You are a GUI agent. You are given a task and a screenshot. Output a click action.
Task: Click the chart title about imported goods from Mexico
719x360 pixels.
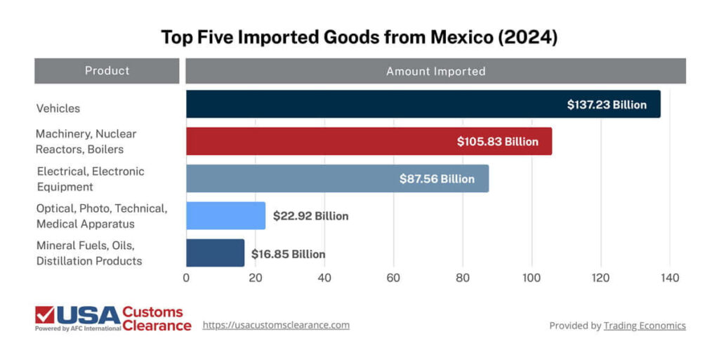click(x=359, y=37)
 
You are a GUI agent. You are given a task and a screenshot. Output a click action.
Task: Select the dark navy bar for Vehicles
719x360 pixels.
click(x=372, y=105)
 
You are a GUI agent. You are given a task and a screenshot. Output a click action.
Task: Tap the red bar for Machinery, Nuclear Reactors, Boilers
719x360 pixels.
click(x=316, y=142)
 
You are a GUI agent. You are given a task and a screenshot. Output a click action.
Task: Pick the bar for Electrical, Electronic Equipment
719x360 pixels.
click(x=288, y=179)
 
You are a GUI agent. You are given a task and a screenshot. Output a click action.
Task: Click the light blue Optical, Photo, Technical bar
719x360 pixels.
click(x=225, y=216)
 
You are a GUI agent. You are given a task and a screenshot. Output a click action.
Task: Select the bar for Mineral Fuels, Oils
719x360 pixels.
click(x=215, y=253)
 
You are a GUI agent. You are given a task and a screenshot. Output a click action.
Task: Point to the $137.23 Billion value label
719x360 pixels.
click(x=607, y=105)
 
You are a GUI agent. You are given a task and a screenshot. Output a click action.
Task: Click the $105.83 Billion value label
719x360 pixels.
click(x=497, y=142)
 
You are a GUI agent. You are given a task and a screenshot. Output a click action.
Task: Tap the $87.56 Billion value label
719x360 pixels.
click(x=437, y=179)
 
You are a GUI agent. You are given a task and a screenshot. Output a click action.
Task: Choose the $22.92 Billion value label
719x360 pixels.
click(x=310, y=216)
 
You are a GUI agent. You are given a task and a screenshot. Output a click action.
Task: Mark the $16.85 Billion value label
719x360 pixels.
click(x=288, y=254)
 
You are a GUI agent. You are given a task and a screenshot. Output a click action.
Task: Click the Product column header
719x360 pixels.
click(x=107, y=71)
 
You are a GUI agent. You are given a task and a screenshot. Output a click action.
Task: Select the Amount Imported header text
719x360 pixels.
click(x=435, y=72)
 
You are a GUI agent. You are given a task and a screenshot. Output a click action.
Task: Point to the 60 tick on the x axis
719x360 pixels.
click(x=393, y=278)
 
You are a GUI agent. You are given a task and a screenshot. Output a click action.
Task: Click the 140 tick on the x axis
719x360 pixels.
click(x=670, y=278)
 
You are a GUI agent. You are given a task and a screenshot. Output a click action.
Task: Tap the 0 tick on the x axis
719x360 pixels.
click(x=186, y=278)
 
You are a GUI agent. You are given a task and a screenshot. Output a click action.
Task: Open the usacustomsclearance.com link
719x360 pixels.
click(x=276, y=325)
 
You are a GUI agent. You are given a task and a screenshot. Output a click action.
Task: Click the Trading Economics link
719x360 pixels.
click(x=645, y=326)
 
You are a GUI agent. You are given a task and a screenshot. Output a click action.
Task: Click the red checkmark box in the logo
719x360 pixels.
click(x=45, y=316)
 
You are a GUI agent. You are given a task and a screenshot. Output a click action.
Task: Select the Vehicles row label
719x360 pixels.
click(x=58, y=109)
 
